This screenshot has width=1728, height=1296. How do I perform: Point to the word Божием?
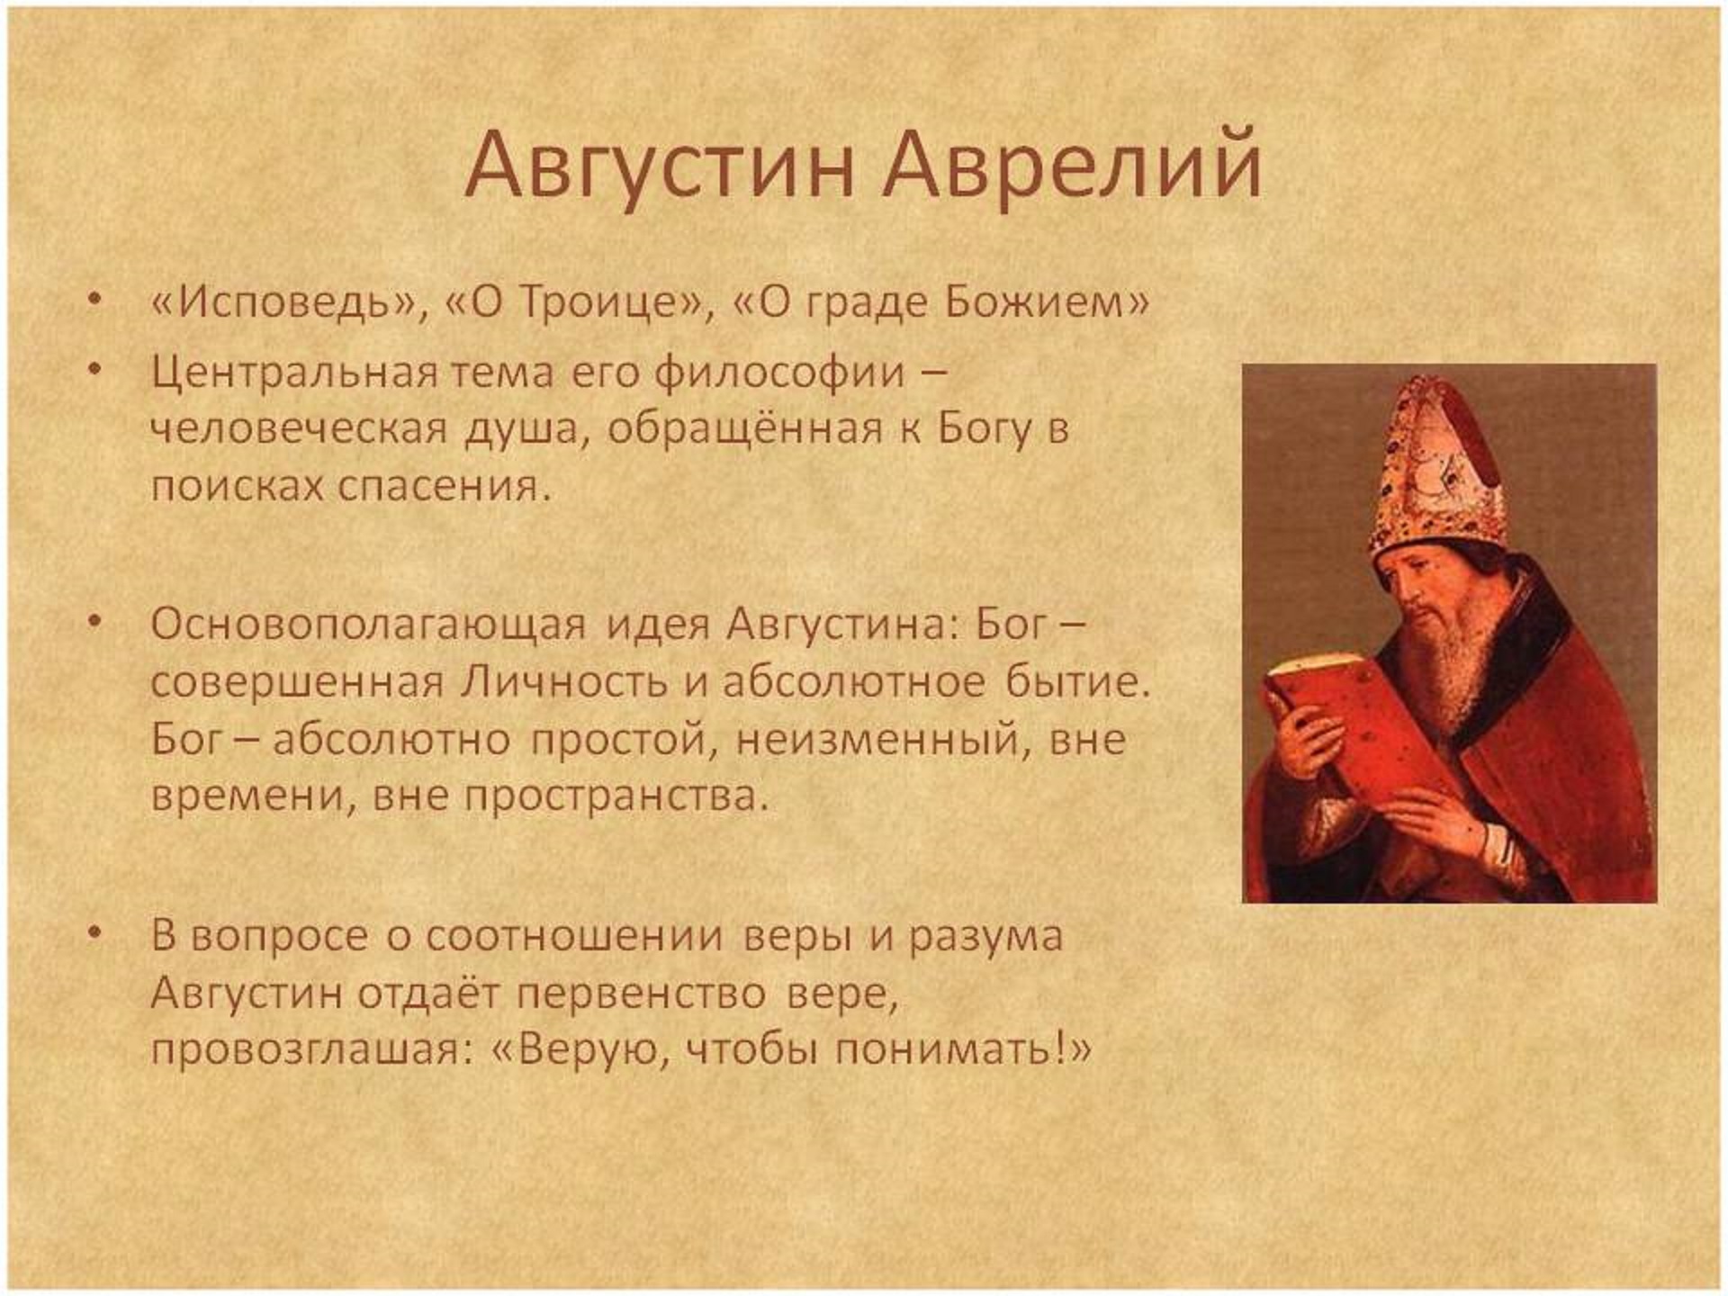1036,302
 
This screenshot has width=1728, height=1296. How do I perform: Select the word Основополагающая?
368,625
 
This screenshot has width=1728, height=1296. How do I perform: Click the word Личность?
564,681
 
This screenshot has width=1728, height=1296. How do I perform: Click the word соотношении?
574,936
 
